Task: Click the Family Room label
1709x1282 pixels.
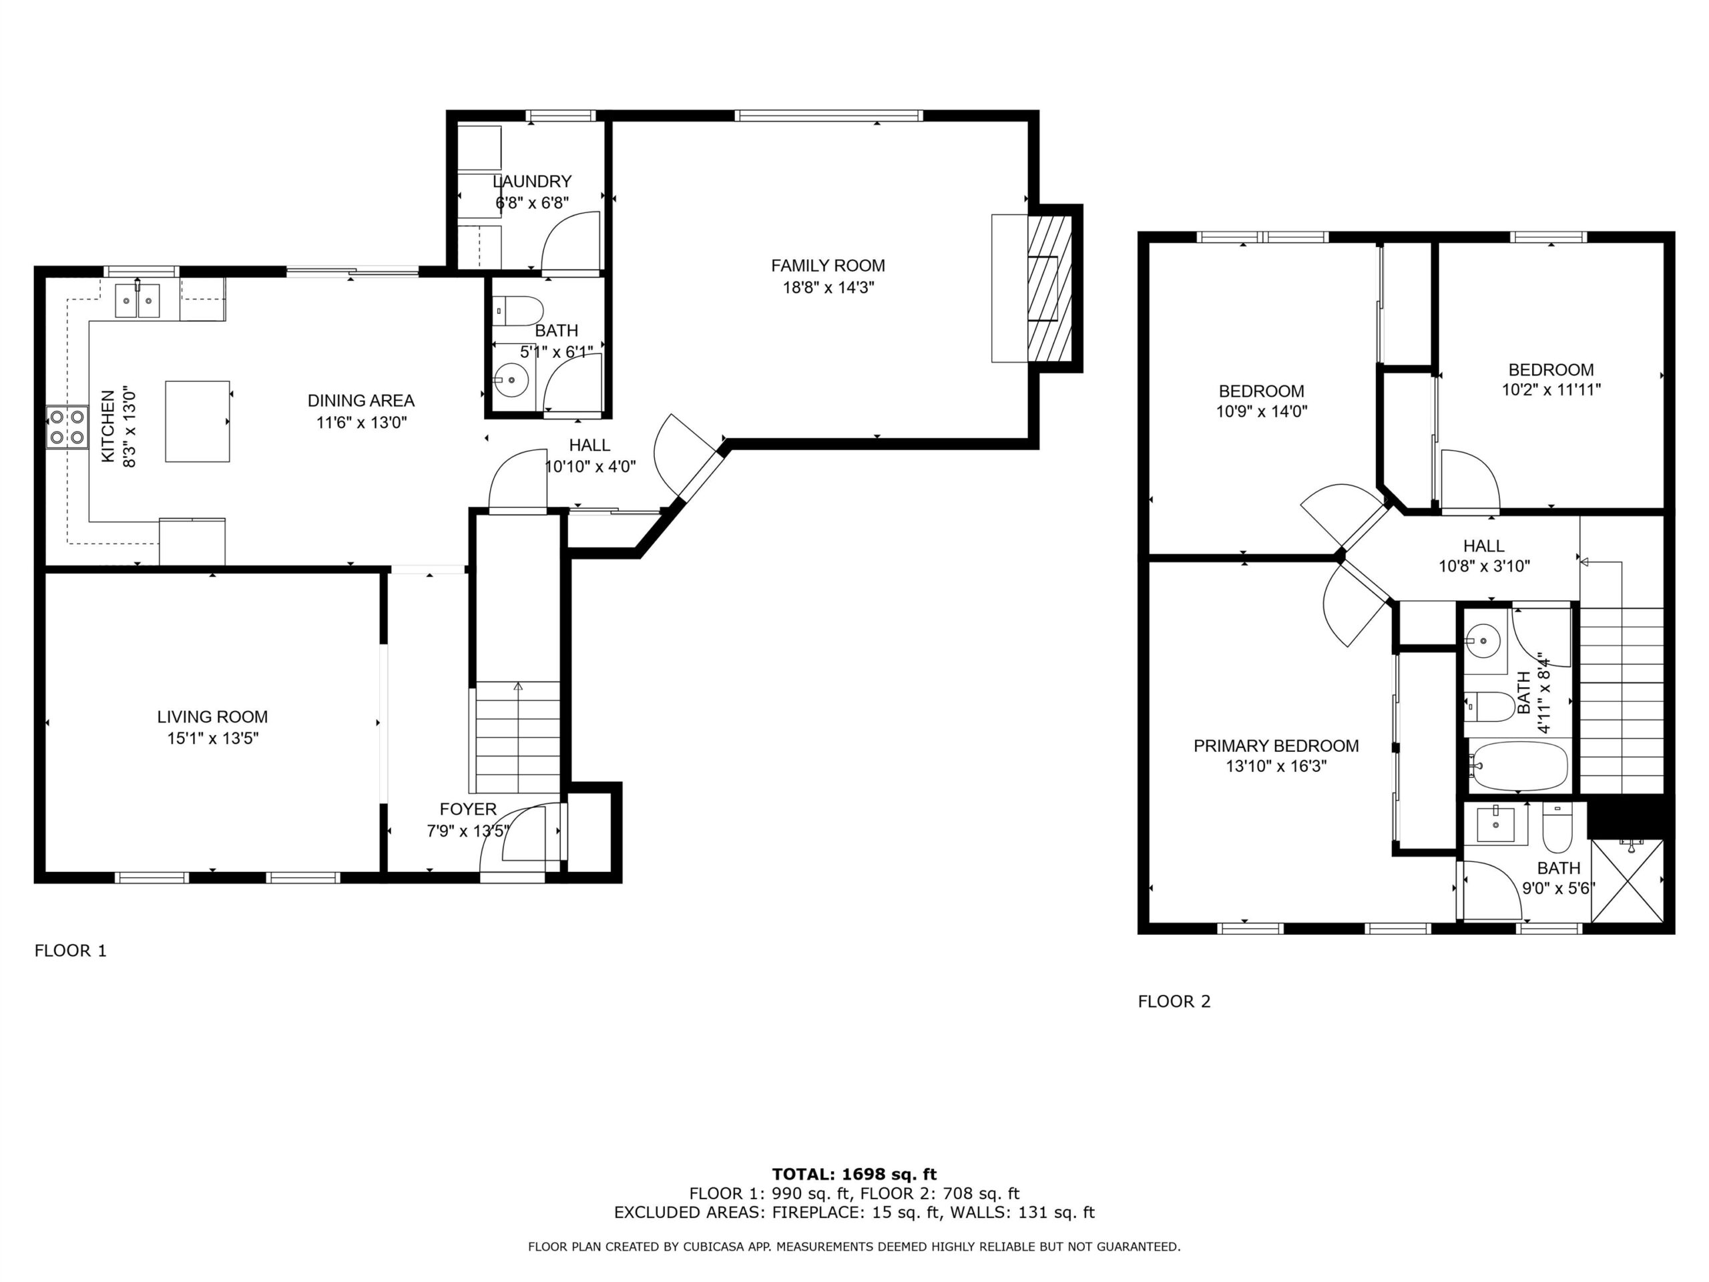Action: (x=827, y=266)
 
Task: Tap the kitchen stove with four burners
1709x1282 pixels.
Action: (x=67, y=427)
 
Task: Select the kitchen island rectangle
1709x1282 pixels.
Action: (x=198, y=421)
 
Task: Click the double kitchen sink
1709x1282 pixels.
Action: (x=138, y=300)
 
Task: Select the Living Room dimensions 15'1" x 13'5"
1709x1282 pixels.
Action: (x=212, y=738)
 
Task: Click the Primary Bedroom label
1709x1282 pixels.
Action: (x=1276, y=746)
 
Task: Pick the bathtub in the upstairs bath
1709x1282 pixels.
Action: (x=1519, y=766)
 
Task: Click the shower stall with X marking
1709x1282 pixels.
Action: (x=1627, y=880)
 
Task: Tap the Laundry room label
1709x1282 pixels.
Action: (x=532, y=182)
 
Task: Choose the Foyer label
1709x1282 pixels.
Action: (x=468, y=809)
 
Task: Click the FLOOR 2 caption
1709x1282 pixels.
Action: (x=1174, y=1002)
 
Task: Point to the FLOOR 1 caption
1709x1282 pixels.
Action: (x=70, y=951)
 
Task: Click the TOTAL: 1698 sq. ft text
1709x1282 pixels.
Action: (x=854, y=1174)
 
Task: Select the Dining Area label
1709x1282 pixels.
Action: (x=360, y=400)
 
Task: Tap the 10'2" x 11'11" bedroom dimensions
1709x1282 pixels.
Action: (x=1551, y=390)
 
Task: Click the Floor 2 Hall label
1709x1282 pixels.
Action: (x=1483, y=546)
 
